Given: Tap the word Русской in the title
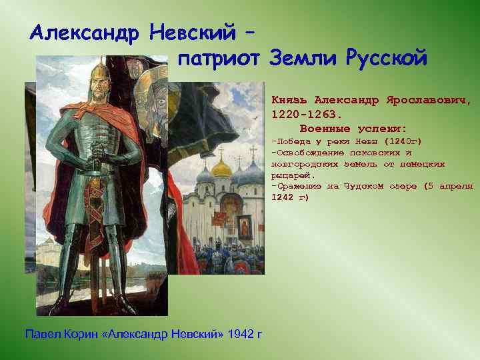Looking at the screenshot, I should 386,59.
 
